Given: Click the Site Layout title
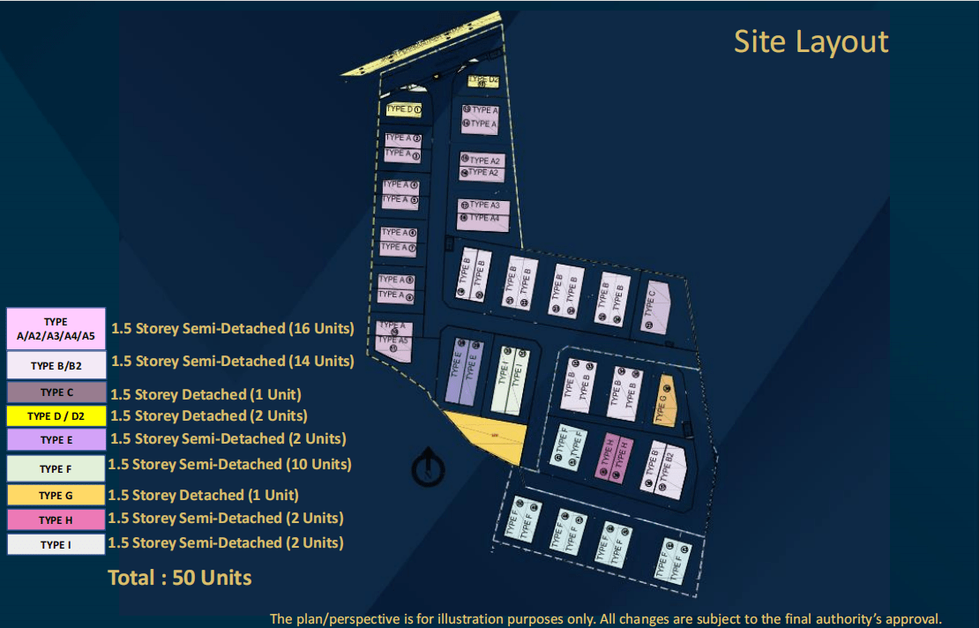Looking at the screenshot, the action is [x=811, y=41].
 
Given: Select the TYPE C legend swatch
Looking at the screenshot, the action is [x=56, y=392].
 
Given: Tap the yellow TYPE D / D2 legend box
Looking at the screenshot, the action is [x=56, y=415].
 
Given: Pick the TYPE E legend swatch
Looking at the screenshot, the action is [x=56, y=439].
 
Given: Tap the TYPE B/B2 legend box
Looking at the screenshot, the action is [x=56, y=365].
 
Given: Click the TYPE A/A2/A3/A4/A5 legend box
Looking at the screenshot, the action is [x=56, y=329].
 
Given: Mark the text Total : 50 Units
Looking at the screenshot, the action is [x=180, y=579].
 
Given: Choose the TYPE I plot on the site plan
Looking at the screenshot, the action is [x=509, y=377].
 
